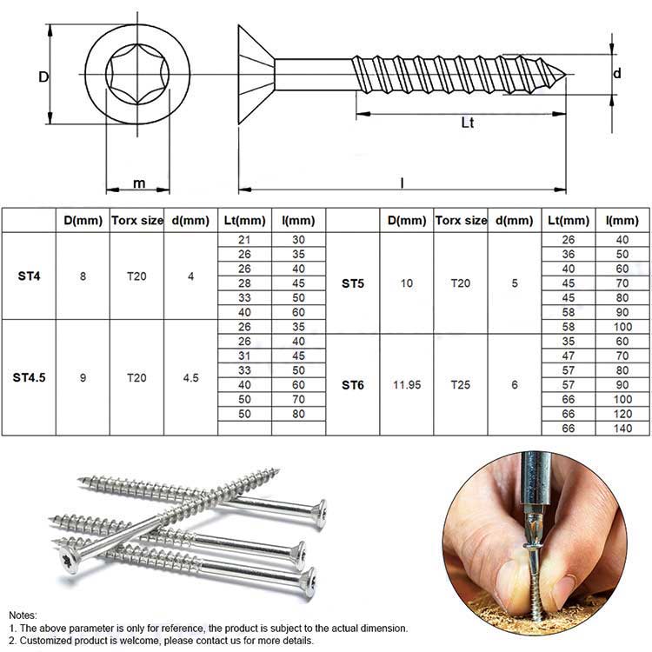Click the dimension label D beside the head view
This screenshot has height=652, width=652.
pos(43,77)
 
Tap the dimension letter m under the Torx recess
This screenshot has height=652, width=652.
pos(139,183)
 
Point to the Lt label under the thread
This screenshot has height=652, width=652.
pos(468,123)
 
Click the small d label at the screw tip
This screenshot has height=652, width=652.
pos(617,74)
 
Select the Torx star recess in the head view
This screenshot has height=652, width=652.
pos(137,74)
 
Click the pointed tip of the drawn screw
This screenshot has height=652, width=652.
pos(566,75)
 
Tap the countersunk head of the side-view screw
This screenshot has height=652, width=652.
pos(256,75)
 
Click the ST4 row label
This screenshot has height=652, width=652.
pos(29,276)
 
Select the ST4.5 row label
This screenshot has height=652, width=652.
pos(29,377)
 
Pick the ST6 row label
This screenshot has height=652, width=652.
pos(353,385)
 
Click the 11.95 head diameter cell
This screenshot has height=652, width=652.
pos(407,385)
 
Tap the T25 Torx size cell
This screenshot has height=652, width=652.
pos(460,385)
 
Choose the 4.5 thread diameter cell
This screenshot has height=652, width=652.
pos(191,378)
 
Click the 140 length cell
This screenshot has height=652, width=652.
pos(622,429)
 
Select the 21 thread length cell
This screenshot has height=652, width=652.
pos(244,240)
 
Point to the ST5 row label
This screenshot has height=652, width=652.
pos(353,283)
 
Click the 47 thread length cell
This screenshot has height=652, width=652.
pos(569,356)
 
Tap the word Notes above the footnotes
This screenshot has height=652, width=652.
pos(23,615)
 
